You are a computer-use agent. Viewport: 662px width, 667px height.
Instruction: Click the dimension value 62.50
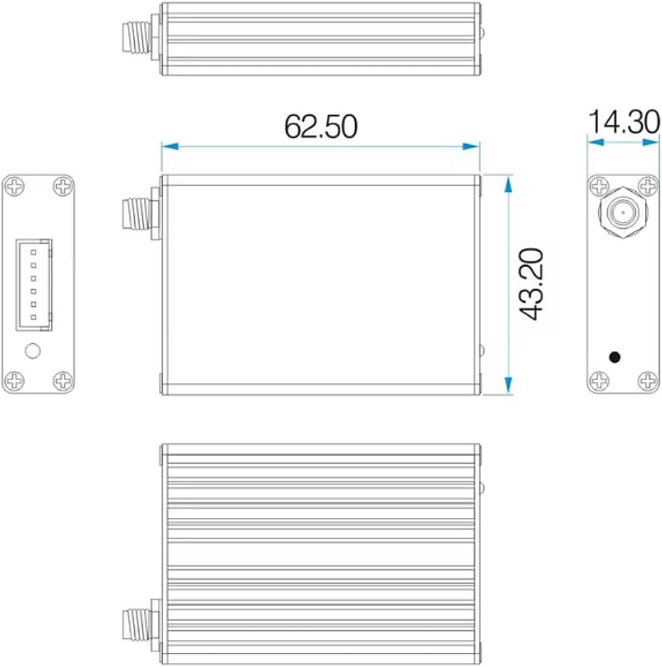(320, 126)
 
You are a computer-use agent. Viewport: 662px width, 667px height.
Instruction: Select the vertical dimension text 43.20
(531, 284)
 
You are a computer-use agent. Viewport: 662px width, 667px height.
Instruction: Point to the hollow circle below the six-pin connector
(33, 350)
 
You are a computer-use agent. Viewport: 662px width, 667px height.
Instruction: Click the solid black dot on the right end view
(615, 357)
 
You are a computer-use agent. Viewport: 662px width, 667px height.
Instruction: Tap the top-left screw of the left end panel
(14, 187)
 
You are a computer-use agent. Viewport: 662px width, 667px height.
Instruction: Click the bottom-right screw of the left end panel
(64, 381)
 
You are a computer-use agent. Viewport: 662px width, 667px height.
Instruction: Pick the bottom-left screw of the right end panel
(599, 381)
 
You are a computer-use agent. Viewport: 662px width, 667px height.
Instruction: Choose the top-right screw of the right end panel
(648, 187)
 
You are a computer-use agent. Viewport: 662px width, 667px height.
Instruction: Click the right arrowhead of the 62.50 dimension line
(472, 146)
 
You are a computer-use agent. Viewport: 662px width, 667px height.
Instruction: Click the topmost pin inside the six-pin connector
(33, 253)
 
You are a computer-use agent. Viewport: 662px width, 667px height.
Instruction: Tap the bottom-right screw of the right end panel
(648, 381)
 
